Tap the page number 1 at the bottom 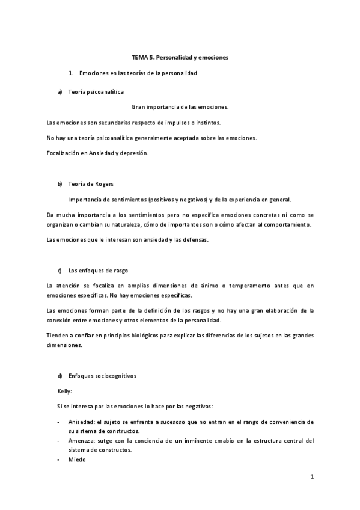coord(312,477)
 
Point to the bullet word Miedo coord(76,459)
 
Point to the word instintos coord(205,123)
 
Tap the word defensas coord(193,240)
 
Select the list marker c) coord(60,271)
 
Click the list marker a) coord(60,92)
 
